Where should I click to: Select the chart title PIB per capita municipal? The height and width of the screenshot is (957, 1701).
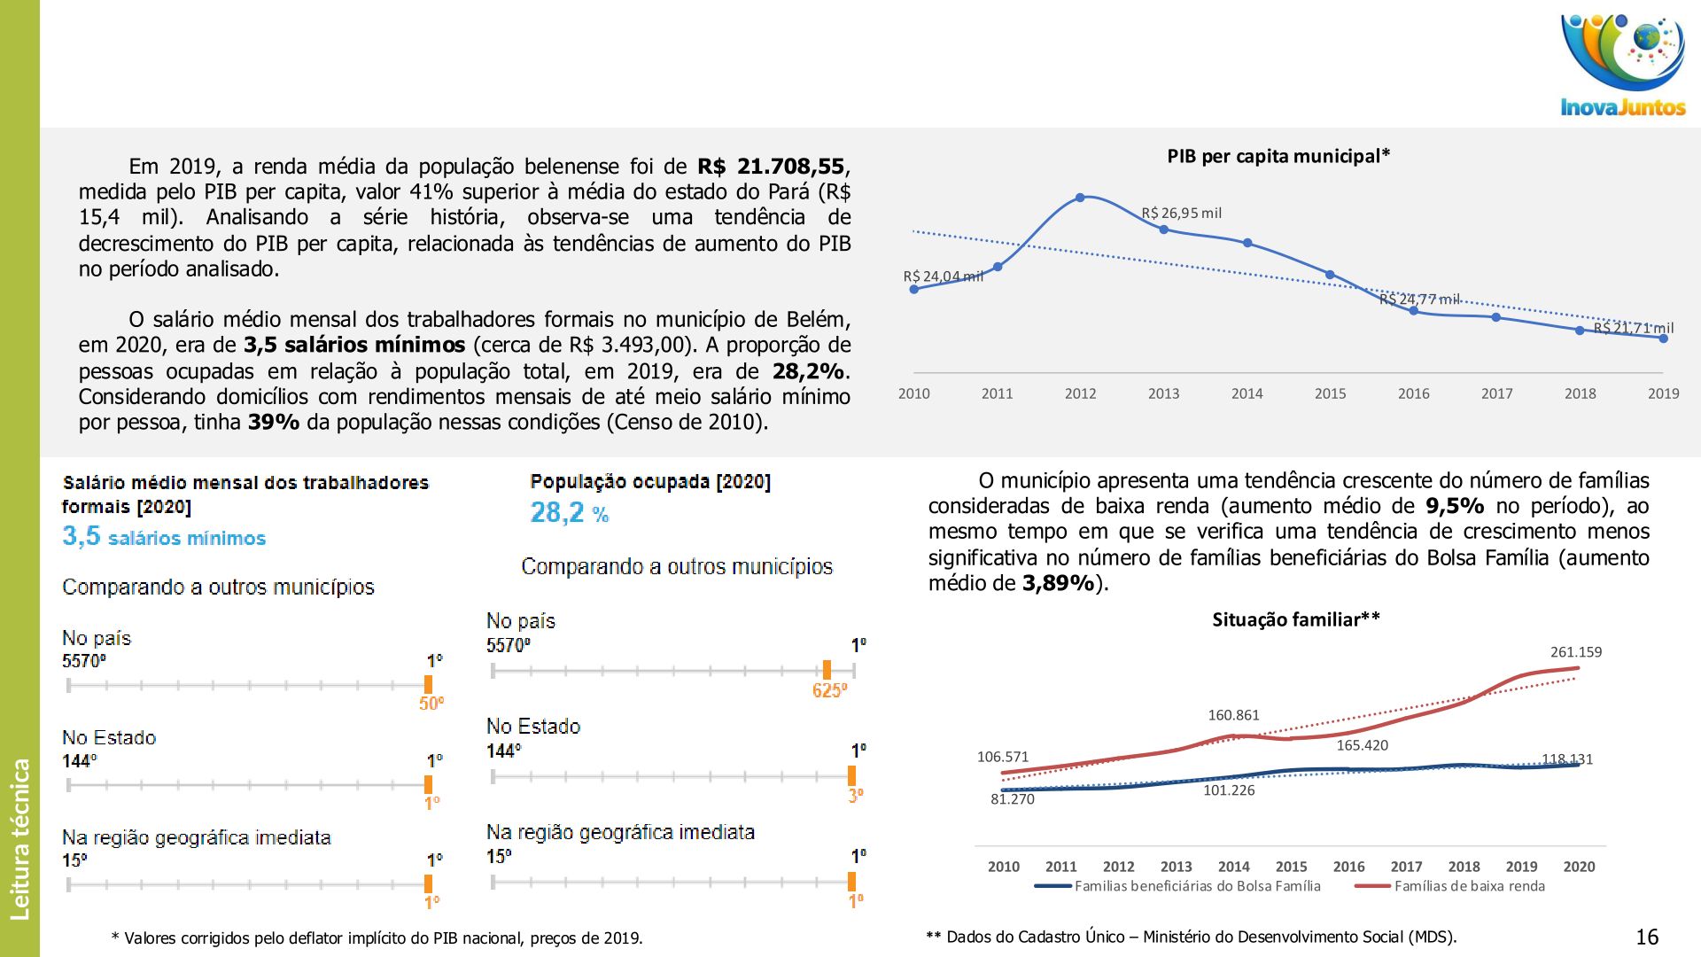click(x=1278, y=157)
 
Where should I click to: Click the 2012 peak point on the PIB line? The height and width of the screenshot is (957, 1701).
click(x=1080, y=198)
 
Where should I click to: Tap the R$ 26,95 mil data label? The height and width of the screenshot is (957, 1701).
click(x=1181, y=214)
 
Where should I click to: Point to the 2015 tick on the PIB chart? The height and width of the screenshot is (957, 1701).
click(x=1330, y=393)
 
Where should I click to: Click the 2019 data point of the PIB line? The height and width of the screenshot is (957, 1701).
click(x=1663, y=338)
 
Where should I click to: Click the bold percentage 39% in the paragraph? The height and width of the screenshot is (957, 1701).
click(x=273, y=422)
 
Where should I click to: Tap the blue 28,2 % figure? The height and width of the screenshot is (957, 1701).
click(x=569, y=513)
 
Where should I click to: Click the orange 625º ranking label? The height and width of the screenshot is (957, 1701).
click(x=829, y=690)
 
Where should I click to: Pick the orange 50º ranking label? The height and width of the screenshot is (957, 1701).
click(x=431, y=704)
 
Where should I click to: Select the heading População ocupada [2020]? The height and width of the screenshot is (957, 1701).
click(x=650, y=482)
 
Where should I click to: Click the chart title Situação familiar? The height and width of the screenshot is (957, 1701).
click(x=1295, y=619)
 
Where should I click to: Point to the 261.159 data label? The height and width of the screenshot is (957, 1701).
click(x=1575, y=652)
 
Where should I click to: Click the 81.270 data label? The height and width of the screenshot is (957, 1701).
click(x=1012, y=799)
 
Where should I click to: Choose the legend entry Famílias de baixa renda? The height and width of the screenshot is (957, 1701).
click(x=1469, y=886)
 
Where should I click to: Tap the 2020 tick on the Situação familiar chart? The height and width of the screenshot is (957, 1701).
click(x=1579, y=867)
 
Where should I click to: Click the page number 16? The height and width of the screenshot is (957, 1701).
click(x=1646, y=937)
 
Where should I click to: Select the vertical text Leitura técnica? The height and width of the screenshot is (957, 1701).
click(x=19, y=838)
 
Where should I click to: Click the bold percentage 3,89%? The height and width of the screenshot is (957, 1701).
click(x=1058, y=583)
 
